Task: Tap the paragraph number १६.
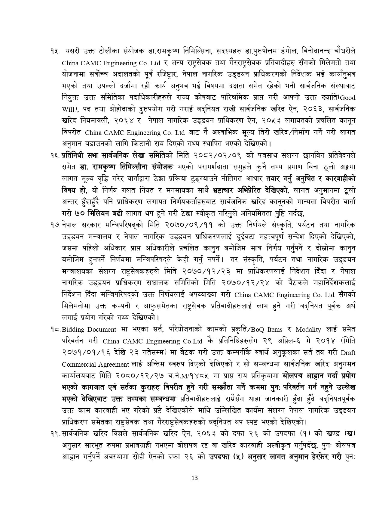pyautogui.click(x=56, y=156)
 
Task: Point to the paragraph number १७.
pyautogui.click(x=56, y=225)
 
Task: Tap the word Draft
pyautogui.click(x=349, y=353)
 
